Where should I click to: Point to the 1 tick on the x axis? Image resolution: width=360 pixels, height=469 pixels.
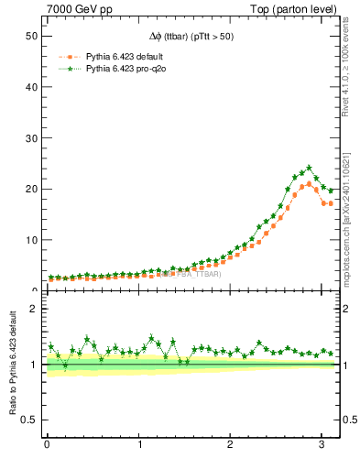(x=139, y=445)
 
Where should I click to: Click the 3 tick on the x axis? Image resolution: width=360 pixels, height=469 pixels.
(x=322, y=445)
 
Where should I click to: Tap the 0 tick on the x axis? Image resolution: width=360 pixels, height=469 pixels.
(x=47, y=445)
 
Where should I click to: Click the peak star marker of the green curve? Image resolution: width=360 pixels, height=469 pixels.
(x=309, y=168)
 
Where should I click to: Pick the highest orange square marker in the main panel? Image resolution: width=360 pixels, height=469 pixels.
(x=309, y=183)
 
